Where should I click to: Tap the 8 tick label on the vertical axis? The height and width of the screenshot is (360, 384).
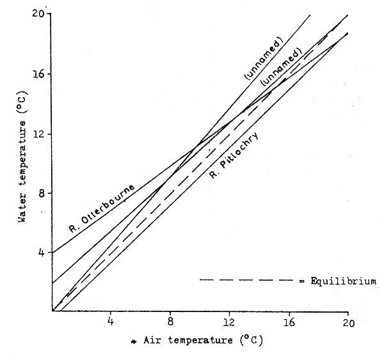tap(42, 193)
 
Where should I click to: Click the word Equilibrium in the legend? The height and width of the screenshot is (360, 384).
tap(350, 280)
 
